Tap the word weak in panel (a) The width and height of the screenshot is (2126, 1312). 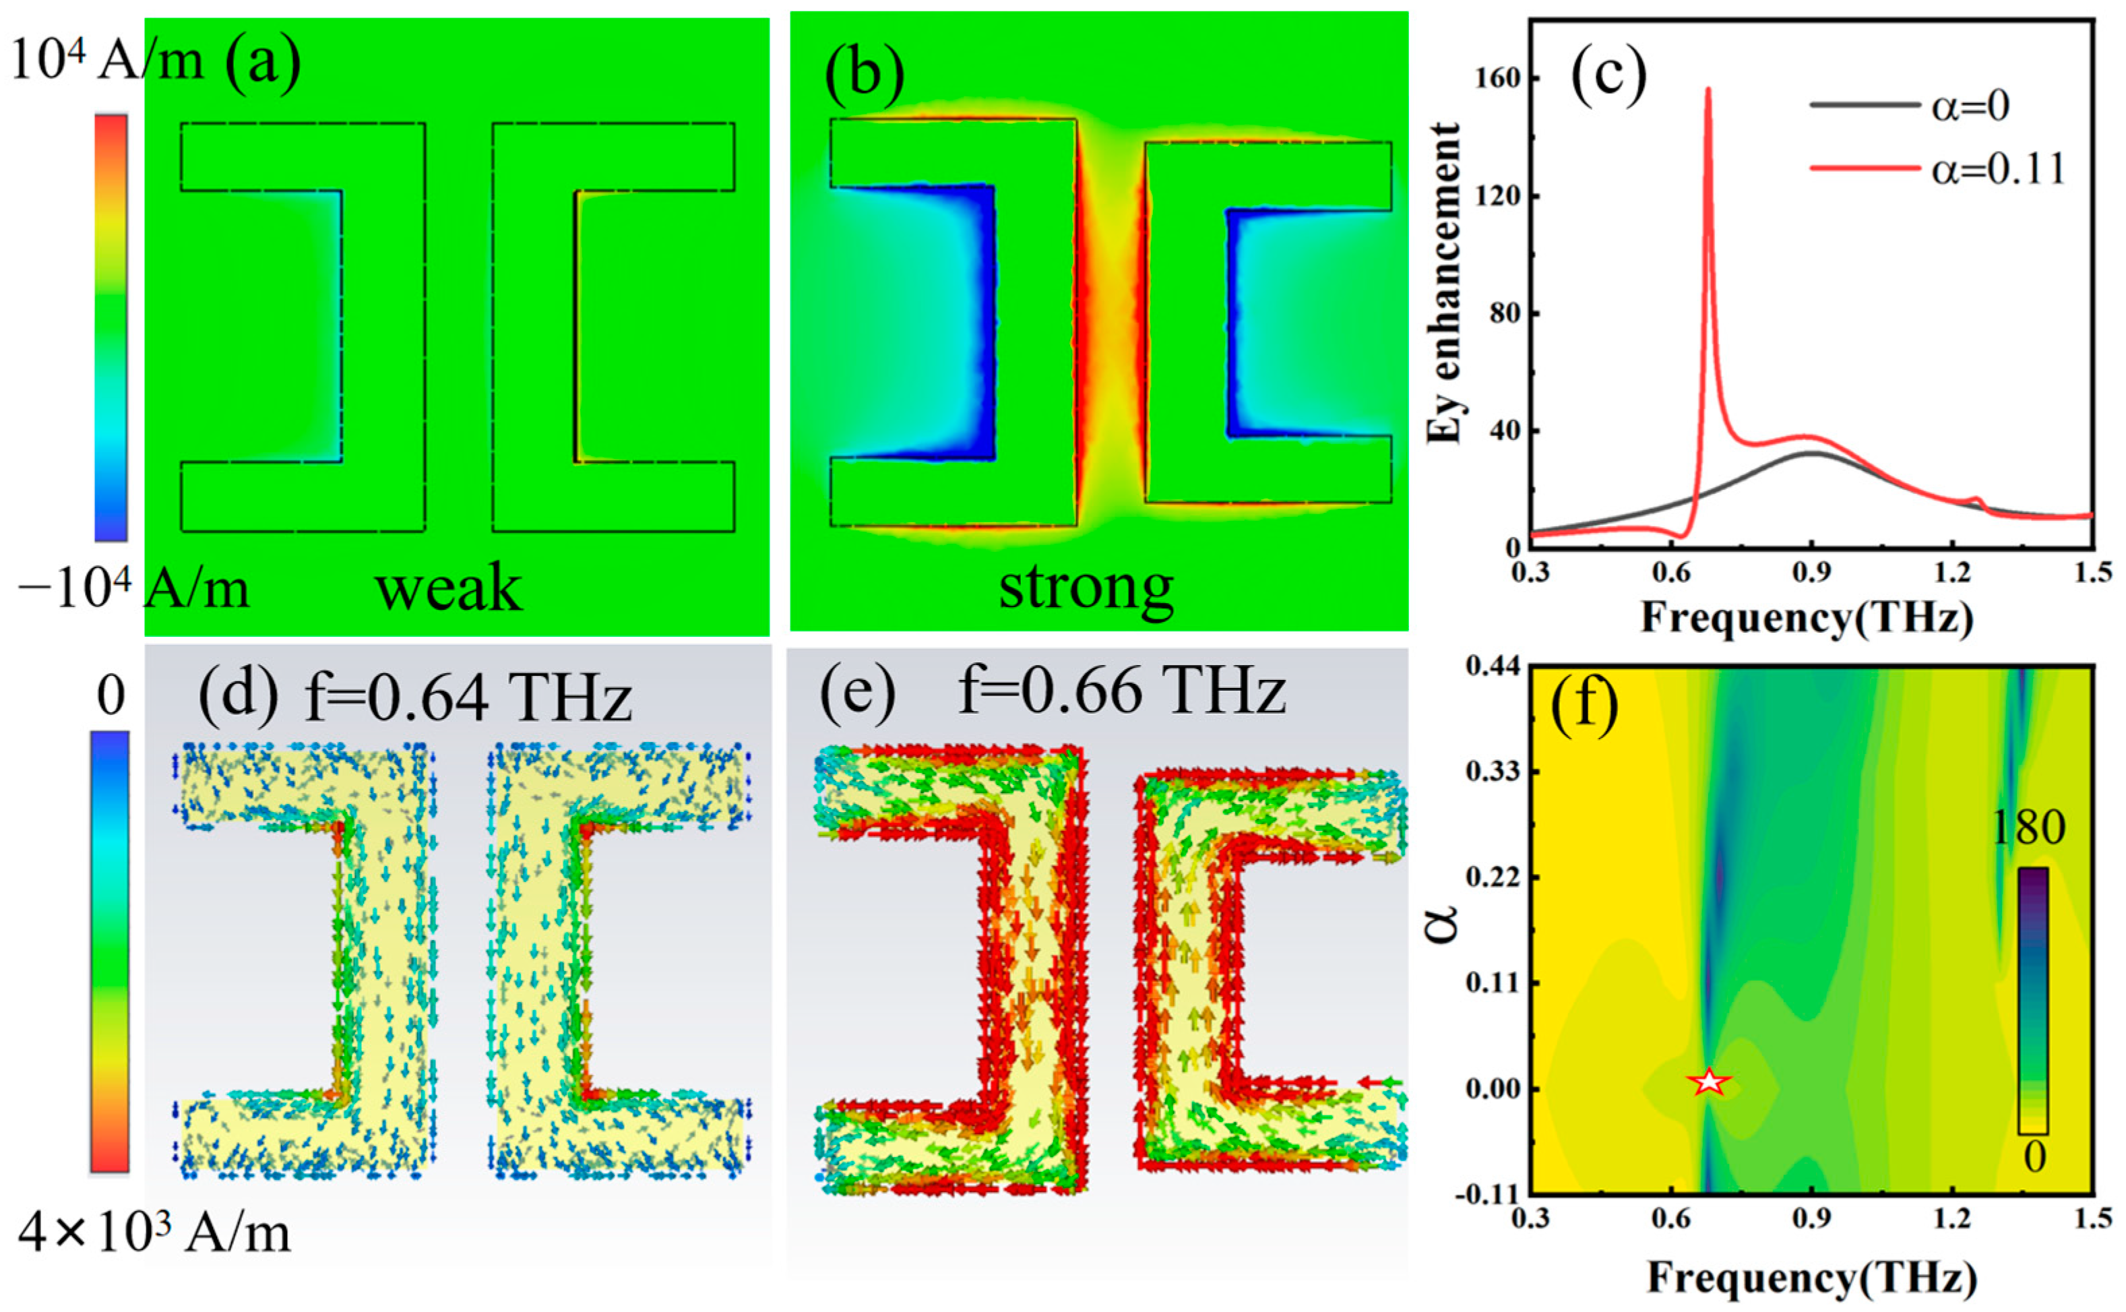(449, 588)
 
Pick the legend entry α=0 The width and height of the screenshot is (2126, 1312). (1970, 106)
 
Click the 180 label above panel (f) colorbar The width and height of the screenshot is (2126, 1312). (2029, 829)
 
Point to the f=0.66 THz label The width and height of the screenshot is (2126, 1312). (1121, 691)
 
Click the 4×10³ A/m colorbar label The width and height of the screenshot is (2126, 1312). (154, 1232)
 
